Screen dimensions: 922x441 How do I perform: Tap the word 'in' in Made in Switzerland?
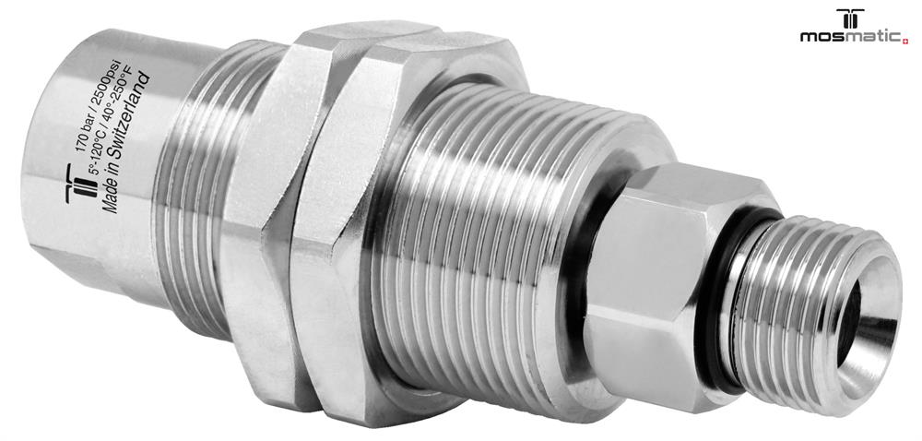coord(113,174)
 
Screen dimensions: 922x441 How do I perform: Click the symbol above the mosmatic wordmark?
coord(850,18)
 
